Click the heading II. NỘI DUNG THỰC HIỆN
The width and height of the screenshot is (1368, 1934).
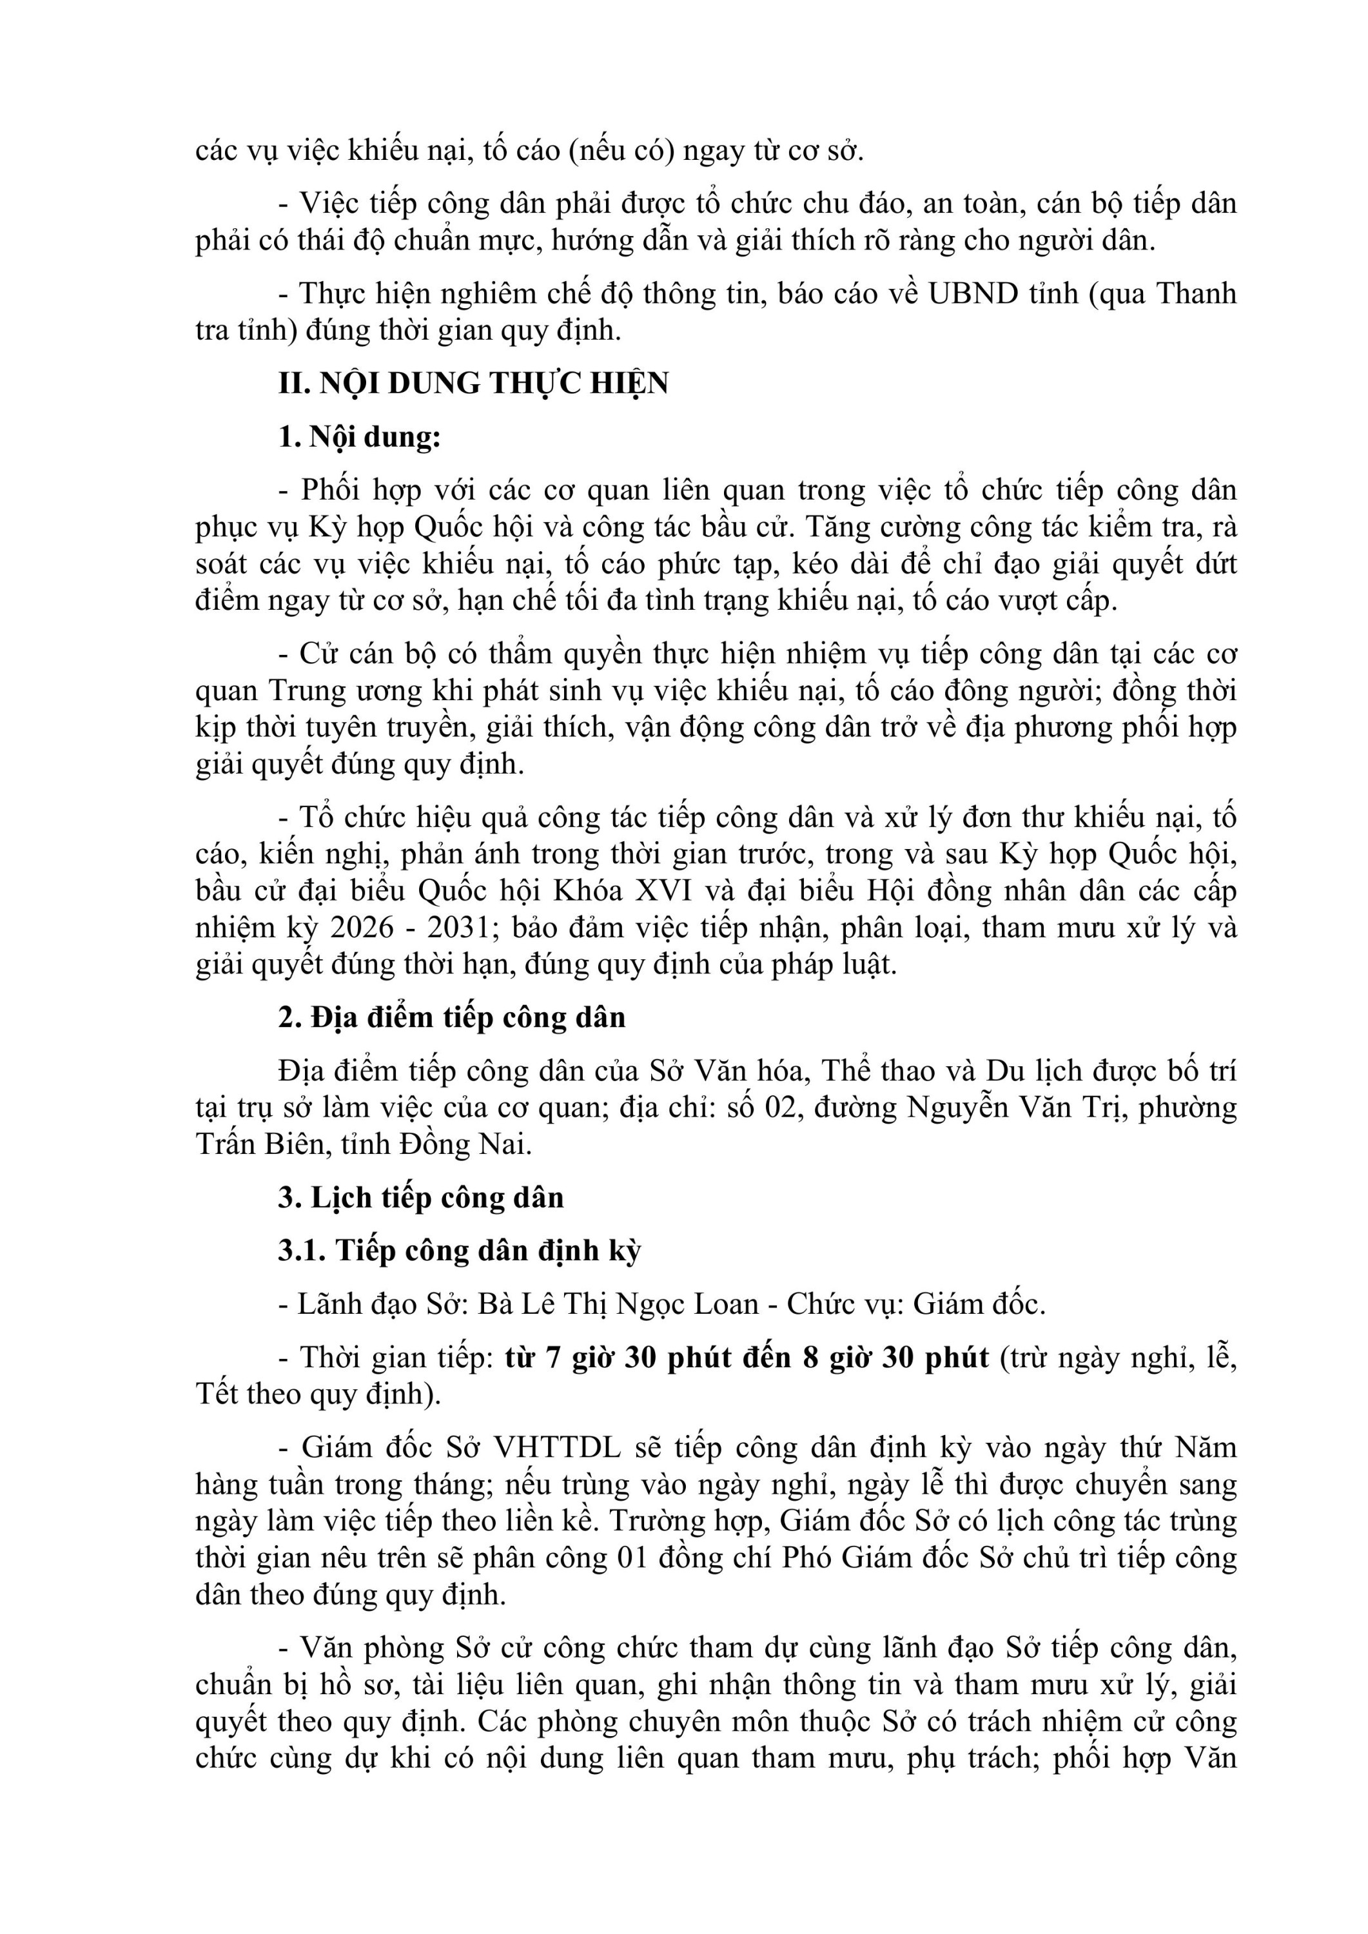click(x=473, y=384)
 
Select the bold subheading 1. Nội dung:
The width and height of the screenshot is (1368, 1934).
click(x=360, y=437)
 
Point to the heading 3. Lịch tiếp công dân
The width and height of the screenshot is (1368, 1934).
click(x=421, y=1198)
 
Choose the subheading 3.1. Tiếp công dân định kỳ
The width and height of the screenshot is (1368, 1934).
click(x=460, y=1251)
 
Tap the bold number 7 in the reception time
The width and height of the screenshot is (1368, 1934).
click(x=552, y=1358)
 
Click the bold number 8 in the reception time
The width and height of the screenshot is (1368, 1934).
click(x=810, y=1358)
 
